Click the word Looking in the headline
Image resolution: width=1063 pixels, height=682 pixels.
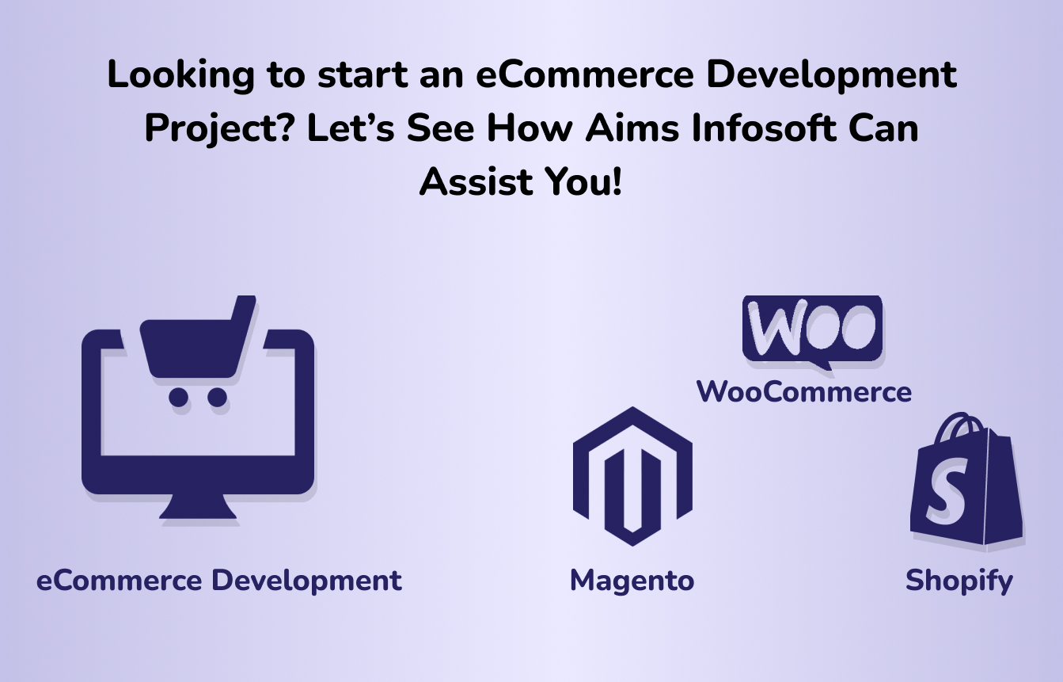(180, 75)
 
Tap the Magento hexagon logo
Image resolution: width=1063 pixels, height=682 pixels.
(632, 476)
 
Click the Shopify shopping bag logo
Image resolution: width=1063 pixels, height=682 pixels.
(966, 480)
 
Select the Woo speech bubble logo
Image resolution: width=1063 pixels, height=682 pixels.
(812, 332)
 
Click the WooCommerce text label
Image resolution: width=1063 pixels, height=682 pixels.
(804, 392)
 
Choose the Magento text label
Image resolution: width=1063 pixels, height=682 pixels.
(632, 581)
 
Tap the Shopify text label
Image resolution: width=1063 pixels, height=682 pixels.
(959, 581)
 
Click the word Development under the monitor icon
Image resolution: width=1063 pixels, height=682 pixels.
(306, 581)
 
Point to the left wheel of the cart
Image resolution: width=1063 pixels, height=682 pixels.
(178, 397)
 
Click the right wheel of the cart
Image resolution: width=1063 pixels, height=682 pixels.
(218, 397)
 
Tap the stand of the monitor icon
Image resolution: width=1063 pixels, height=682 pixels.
(197, 506)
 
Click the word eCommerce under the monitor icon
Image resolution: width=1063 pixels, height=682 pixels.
(119, 581)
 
